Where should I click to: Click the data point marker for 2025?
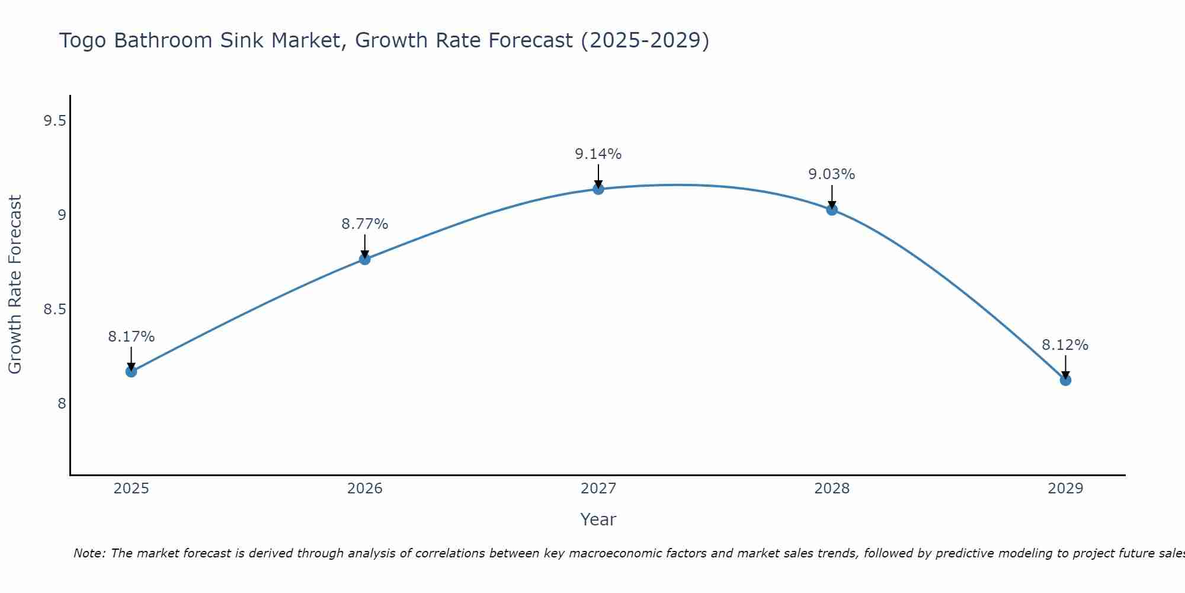click(131, 372)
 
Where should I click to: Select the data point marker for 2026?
click(365, 259)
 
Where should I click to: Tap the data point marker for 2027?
click(598, 189)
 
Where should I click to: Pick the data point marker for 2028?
click(832, 209)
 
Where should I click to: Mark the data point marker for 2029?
click(1065, 380)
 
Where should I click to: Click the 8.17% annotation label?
click(131, 337)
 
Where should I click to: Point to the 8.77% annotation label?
click(365, 224)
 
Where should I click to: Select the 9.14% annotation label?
click(598, 154)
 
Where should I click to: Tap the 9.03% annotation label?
click(832, 174)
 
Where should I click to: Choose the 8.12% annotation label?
click(1065, 345)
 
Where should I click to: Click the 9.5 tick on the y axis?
click(54, 121)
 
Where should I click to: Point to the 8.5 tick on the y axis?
click(54, 310)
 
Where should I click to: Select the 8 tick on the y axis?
click(62, 404)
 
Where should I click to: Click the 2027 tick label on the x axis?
click(598, 489)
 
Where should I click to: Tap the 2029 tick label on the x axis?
click(1065, 489)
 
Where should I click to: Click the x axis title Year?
click(598, 519)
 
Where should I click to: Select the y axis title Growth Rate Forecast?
click(15, 285)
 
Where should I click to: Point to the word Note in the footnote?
click(89, 553)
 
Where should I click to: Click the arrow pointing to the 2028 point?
click(832, 197)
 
